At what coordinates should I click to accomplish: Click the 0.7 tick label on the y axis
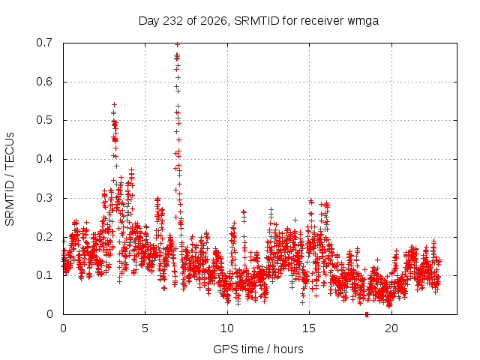point(44,43)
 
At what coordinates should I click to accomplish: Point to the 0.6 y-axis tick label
point(44,82)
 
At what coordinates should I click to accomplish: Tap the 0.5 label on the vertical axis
point(44,120)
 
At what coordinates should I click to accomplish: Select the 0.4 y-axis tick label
point(44,159)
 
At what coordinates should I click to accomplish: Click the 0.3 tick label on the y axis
point(44,198)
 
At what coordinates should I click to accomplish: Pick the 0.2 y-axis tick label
point(44,237)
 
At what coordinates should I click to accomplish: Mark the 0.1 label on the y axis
point(44,275)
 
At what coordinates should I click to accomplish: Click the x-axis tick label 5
point(145,328)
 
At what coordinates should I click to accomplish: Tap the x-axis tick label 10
point(227,328)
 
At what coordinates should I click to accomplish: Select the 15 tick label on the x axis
point(309,328)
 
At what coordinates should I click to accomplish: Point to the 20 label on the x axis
point(391,328)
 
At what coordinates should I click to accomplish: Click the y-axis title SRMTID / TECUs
point(10,179)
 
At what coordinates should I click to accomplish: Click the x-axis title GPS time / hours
point(258,349)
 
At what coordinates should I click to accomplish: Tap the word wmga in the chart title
point(363,21)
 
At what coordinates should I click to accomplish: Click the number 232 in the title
point(173,21)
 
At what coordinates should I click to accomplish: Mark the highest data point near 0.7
point(177,45)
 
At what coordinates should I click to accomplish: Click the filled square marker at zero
point(367,314)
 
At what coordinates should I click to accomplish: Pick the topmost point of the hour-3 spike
point(115,105)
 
